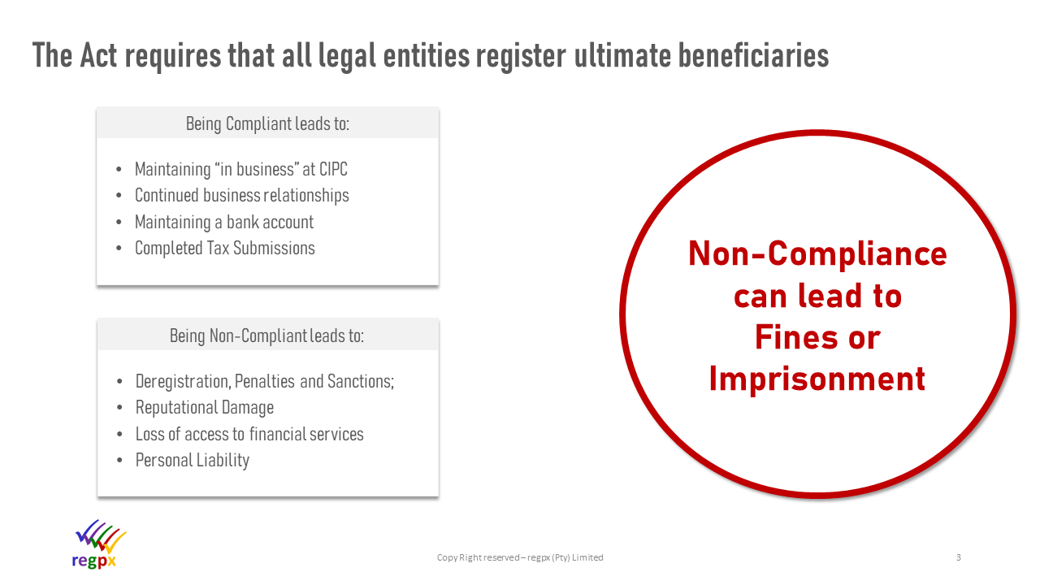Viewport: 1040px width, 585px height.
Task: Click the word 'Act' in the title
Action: coord(98,56)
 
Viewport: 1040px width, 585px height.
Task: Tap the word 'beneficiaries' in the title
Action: coord(753,56)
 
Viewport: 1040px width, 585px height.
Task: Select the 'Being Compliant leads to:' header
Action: coord(267,124)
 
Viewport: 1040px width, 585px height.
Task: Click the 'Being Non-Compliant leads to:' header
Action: coord(267,336)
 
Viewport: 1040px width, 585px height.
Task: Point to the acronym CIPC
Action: coord(333,169)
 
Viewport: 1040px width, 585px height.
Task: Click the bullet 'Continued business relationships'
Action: coord(242,196)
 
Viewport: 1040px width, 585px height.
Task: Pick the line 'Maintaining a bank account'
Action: coord(224,222)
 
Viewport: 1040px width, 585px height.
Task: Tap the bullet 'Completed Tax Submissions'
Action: coord(225,249)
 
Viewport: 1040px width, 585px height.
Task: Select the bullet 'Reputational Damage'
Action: coord(205,408)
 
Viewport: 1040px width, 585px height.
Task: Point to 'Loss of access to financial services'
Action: coord(249,434)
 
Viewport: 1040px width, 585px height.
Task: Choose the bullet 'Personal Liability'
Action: coord(193,461)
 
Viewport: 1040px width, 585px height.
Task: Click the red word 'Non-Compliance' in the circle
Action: coord(817,254)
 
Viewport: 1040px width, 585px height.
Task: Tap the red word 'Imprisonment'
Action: coord(817,379)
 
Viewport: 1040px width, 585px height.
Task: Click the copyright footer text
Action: coord(520,557)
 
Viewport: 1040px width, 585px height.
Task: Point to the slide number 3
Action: coord(958,557)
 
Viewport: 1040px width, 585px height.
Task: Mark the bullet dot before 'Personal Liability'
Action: coord(119,461)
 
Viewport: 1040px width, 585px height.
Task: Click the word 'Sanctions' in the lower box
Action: coord(361,382)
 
